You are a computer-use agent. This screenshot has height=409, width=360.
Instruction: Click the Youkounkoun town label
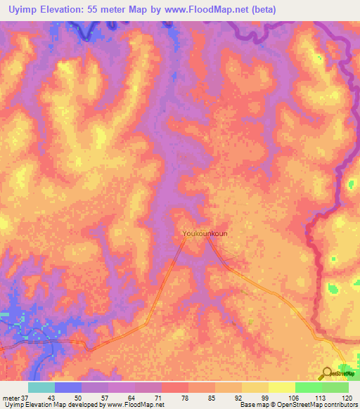tap(205, 233)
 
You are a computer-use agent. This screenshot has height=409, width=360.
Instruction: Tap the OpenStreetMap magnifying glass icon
tap(327, 373)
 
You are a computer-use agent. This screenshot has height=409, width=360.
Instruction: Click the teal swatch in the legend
tap(41, 387)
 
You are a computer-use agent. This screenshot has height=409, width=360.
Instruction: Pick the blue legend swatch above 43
tap(68, 387)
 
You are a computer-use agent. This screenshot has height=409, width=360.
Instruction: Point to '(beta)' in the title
tap(259, 10)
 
